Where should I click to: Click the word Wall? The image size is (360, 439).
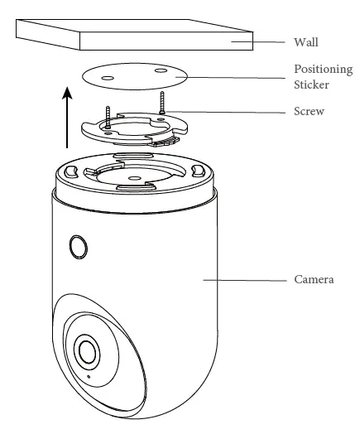tap(307, 41)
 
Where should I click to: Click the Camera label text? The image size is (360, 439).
tap(314, 281)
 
